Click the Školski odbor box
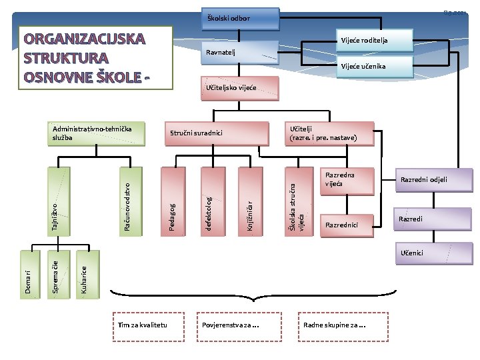point(240,17)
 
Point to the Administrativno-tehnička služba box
point(96,133)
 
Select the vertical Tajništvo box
point(58,201)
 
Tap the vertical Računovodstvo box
point(132,201)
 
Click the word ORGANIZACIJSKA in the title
point(84,38)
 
